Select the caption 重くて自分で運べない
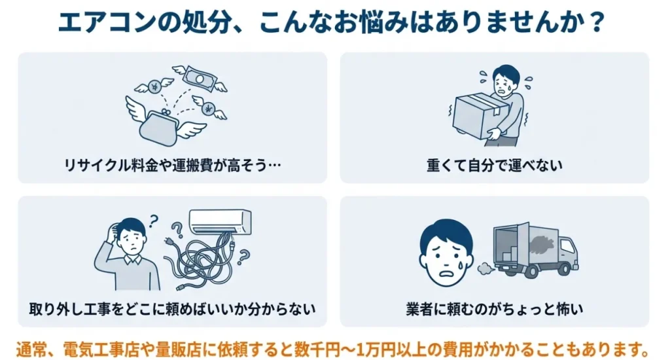[495, 166]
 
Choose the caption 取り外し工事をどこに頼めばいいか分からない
[172, 308]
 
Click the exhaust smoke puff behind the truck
[485, 266]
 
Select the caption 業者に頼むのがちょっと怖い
[494, 308]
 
